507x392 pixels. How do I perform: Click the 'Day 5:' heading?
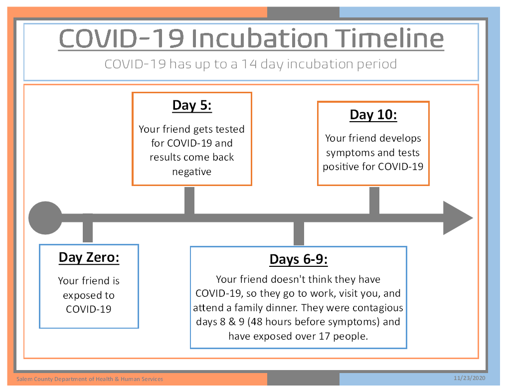pyautogui.click(x=192, y=106)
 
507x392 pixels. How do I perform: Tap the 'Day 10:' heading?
pyautogui.click(x=373, y=115)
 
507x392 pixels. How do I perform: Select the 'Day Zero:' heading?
pyautogui.click(x=89, y=258)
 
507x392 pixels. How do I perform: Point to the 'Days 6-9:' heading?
pyautogui.click(x=299, y=259)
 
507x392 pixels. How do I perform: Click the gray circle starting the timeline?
pyautogui.click(x=45, y=217)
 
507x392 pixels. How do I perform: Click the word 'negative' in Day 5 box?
pyautogui.click(x=192, y=172)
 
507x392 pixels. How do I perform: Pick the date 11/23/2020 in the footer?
pyautogui.click(x=469, y=378)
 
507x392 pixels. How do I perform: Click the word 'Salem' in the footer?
pyautogui.click(x=24, y=379)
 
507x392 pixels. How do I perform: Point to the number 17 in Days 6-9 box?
pyautogui.click(x=324, y=336)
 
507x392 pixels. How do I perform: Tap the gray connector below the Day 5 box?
pyautogui.click(x=189, y=200)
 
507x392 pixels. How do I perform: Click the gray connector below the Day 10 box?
pyautogui.click(x=374, y=200)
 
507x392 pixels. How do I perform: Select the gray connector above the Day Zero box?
pyautogui.click(x=88, y=228)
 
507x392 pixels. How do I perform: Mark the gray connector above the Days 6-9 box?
pyautogui.click(x=299, y=233)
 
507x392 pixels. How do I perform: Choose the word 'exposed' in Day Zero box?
pyautogui.click(x=78, y=296)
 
